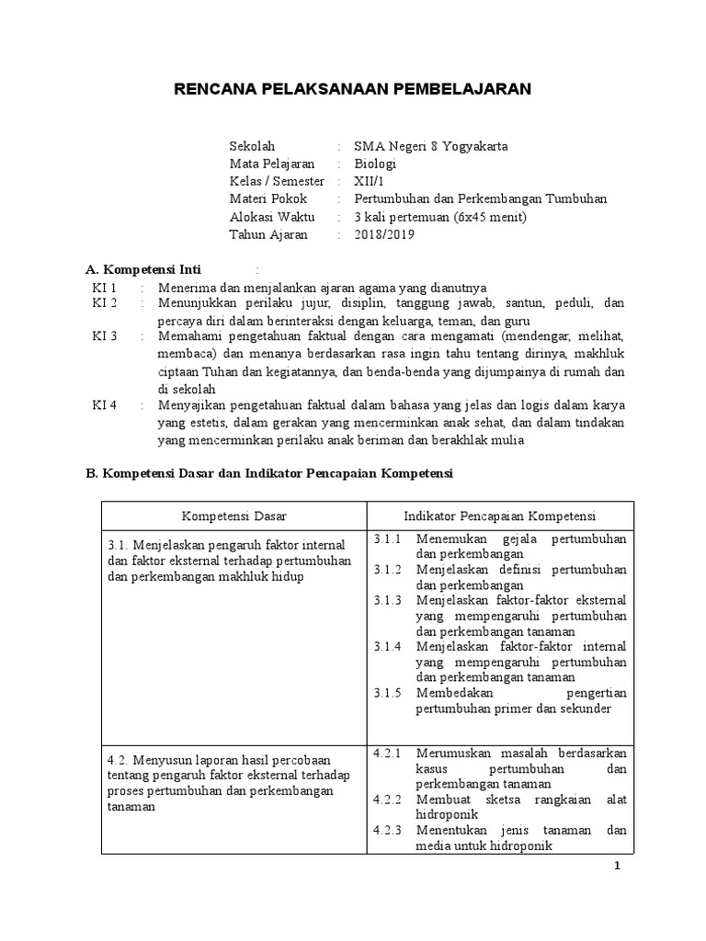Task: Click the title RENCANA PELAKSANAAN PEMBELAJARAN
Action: point(353,89)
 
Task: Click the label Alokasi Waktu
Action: point(271,217)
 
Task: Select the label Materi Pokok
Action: point(268,198)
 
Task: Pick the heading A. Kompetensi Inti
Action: point(149,269)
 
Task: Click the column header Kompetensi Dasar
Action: point(233,515)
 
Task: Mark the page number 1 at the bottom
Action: point(618,869)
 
